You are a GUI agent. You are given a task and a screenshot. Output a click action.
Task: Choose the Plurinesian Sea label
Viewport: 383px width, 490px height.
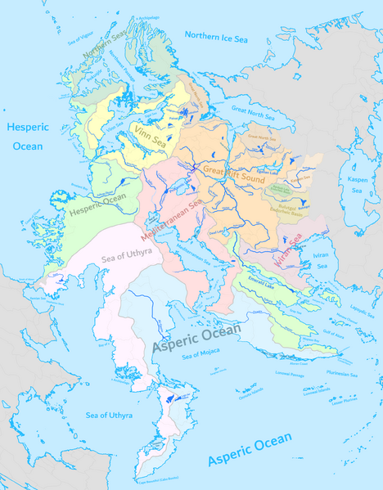342,374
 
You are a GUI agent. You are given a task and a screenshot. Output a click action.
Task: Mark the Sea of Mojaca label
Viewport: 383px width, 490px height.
202,353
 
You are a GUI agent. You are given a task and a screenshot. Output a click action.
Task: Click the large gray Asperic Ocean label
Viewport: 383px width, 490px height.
196,336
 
